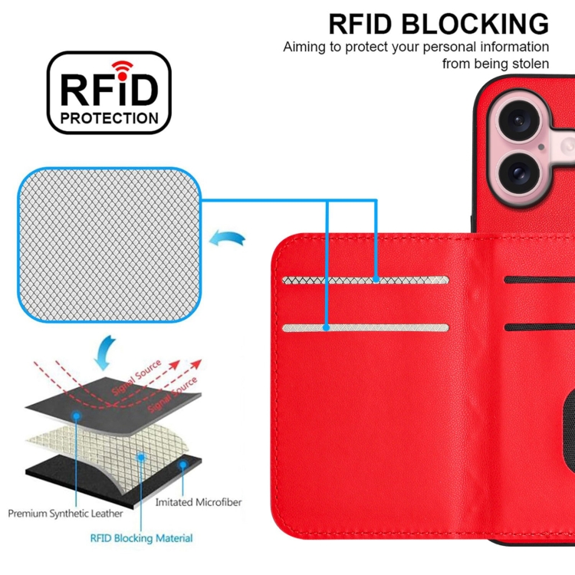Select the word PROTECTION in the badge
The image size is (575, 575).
click(x=109, y=118)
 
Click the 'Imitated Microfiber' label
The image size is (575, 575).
click(x=199, y=502)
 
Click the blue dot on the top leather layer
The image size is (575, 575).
click(x=77, y=415)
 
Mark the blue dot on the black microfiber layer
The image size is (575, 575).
click(x=182, y=464)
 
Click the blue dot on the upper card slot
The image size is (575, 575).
click(x=376, y=281)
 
